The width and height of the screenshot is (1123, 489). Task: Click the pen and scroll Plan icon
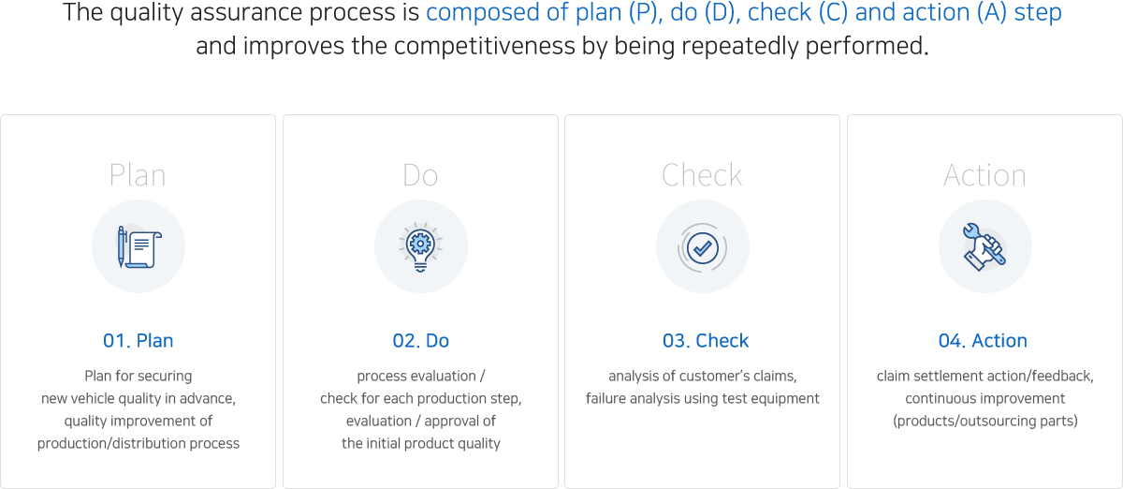pyautogui.click(x=139, y=247)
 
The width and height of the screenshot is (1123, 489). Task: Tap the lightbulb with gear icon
pyautogui.click(x=420, y=247)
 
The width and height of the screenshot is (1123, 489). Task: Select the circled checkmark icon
pyautogui.click(x=703, y=247)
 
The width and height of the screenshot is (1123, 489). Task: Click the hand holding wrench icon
pyautogui.click(x=984, y=247)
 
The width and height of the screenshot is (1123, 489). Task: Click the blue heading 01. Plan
pyautogui.click(x=139, y=340)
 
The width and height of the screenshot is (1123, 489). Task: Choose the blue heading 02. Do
pyautogui.click(x=420, y=340)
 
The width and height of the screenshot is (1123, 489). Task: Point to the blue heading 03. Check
pyautogui.click(x=706, y=340)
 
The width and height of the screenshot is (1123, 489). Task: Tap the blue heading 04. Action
pyautogui.click(x=983, y=340)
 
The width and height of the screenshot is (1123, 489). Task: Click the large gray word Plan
pyautogui.click(x=138, y=175)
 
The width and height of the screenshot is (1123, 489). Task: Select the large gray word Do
pyautogui.click(x=420, y=175)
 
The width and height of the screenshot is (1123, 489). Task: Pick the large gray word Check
pyautogui.click(x=702, y=175)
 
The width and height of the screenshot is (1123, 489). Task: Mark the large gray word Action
pyautogui.click(x=984, y=175)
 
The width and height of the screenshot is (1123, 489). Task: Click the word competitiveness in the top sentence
pyautogui.click(x=485, y=46)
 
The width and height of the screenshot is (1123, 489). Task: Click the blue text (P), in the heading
pyautogui.click(x=646, y=12)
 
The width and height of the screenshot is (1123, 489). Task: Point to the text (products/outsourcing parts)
pyautogui.click(x=985, y=421)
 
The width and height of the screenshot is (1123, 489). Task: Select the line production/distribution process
pyautogui.click(x=139, y=443)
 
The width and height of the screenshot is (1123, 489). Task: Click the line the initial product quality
pyautogui.click(x=421, y=443)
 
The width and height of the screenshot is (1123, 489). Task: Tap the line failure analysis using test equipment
pyautogui.click(x=703, y=399)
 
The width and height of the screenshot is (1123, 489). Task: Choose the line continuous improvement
pyautogui.click(x=985, y=399)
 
